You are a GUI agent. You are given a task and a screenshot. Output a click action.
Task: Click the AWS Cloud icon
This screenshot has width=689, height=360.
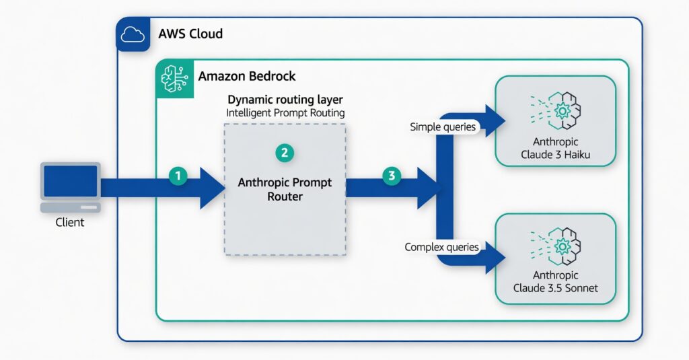(x=133, y=34)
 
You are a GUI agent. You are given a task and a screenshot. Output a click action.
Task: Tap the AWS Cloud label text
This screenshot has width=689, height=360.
(x=190, y=34)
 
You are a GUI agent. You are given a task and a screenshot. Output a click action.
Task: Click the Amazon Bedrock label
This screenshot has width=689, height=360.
(x=247, y=76)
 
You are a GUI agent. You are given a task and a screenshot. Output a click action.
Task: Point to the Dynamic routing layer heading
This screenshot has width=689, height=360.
(x=285, y=100)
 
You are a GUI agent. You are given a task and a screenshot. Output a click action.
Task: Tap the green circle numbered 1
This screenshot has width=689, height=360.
(x=178, y=176)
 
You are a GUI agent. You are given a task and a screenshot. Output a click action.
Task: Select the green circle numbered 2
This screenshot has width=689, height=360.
(x=285, y=152)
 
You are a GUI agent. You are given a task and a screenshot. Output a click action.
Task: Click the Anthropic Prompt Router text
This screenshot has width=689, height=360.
(x=285, y=190)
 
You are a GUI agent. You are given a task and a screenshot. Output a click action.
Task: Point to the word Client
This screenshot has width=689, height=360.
(x=70, y=222)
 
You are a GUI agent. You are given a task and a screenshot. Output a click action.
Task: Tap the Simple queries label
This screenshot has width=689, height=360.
(x=443, y=127)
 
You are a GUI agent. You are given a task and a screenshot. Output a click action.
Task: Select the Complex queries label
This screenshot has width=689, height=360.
(x=442, y=248)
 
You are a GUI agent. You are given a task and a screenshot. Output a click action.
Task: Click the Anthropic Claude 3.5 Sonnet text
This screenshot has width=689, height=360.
(x=555, y=282)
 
